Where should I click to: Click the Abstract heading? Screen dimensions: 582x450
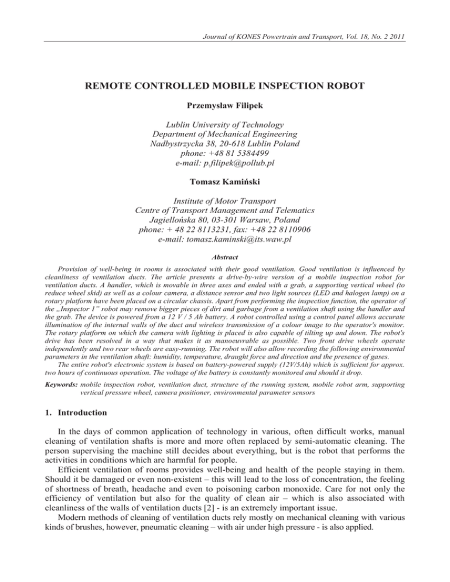click(x=224, y=255)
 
